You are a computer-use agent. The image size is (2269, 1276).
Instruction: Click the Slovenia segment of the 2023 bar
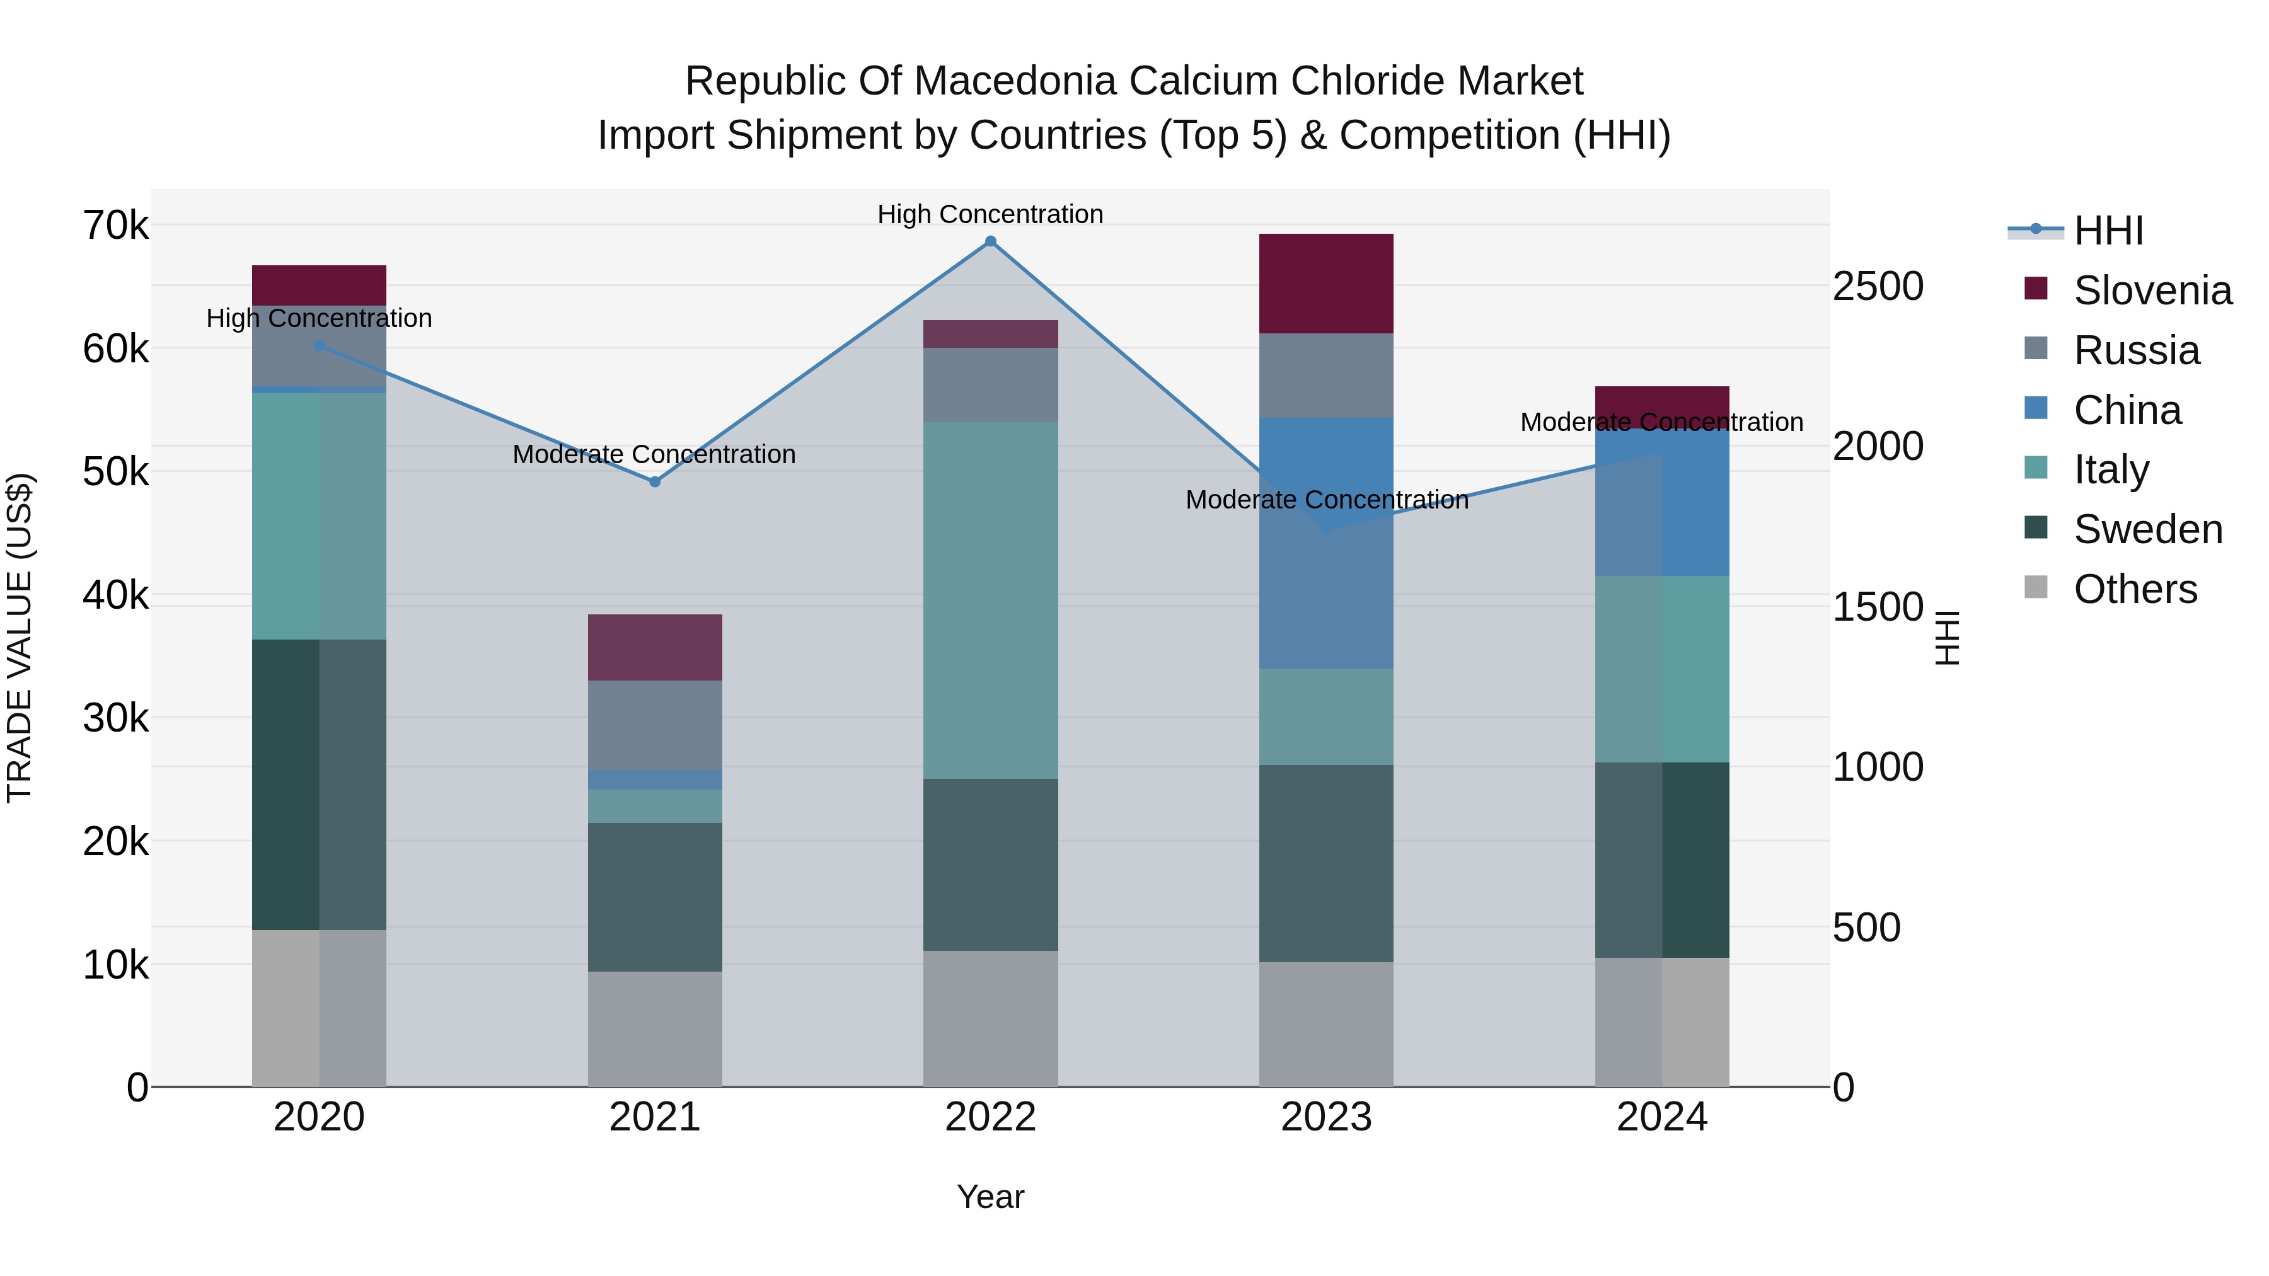1325,283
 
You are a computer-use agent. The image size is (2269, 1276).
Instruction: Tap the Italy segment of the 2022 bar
990,600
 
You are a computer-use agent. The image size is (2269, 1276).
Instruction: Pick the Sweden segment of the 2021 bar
654,897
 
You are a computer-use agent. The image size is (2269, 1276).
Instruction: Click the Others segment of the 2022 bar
990,1018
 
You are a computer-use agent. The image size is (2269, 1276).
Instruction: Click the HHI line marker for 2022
990,241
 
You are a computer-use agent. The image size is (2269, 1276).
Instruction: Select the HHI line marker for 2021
654,481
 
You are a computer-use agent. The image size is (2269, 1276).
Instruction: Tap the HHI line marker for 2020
319,346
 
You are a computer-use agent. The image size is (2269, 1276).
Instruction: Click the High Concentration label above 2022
990,214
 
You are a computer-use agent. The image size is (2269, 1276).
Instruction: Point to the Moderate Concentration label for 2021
654,454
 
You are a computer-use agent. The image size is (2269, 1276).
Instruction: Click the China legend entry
2127,410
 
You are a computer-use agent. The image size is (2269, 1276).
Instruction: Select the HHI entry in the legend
2108,231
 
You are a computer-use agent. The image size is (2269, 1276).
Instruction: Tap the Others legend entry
2135,589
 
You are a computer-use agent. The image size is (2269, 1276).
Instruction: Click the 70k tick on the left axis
115,226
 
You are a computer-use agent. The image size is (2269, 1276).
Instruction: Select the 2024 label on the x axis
1661,1117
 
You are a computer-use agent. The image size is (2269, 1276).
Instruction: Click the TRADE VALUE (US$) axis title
20,638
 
